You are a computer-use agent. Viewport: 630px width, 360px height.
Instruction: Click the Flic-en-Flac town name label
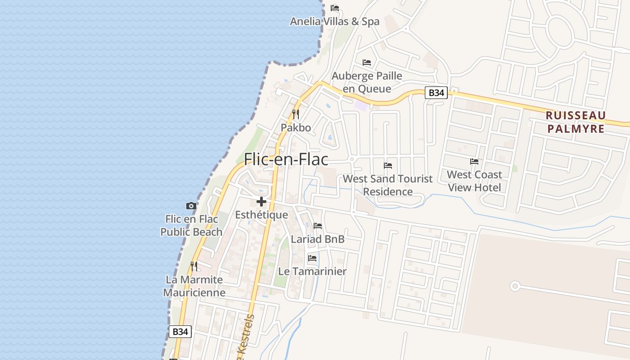(286, 159)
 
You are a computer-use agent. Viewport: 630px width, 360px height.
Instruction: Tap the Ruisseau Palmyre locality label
(576, 122)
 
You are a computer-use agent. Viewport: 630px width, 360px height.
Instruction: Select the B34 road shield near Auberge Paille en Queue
(436, 93)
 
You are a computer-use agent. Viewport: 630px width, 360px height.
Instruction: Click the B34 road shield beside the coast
(180, 332)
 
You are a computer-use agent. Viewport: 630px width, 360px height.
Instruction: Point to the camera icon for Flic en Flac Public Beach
(191, 206)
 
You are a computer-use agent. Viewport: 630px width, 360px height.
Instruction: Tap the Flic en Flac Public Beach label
(191, 225)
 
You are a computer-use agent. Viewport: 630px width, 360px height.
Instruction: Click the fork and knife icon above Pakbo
(296, 114)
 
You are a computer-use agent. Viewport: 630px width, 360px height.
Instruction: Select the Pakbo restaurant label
(296, 128)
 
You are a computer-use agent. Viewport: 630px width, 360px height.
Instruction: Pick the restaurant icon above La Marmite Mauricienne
(194, 266)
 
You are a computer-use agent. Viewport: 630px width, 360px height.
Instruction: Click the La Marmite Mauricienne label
(194, 286)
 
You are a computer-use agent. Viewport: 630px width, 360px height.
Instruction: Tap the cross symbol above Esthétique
(261, 202)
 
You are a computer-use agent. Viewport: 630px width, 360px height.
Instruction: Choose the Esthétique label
(261, 215)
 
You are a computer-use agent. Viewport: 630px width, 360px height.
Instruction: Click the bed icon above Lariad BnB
(318, 226)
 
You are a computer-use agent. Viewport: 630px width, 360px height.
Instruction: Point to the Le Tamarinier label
(312, 271)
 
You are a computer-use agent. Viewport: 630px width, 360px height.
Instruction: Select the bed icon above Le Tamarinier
(312, 258)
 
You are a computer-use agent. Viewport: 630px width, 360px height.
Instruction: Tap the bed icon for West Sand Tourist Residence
(388, 166)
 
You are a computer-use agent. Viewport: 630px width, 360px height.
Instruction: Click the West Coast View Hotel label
(474, 181)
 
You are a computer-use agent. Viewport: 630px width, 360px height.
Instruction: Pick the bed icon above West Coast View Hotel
(474, 161)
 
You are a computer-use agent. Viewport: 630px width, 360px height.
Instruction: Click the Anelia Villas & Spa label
(334, 22)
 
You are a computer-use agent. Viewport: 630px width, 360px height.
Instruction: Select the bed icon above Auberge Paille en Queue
(367, 62)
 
